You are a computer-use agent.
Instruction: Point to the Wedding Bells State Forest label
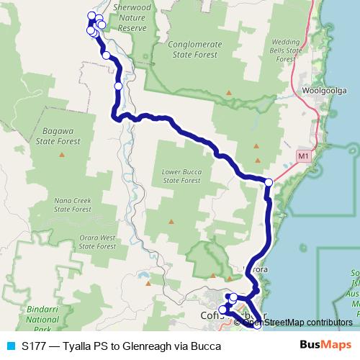coord(287,48)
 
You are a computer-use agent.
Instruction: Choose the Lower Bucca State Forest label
coord(180,177)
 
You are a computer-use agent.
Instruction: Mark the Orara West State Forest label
coord(97,241)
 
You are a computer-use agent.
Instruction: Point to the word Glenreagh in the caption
coord(146,346)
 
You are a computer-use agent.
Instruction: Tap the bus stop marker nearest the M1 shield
coord(269,182)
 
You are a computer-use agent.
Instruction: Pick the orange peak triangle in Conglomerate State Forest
coord(228,91)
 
